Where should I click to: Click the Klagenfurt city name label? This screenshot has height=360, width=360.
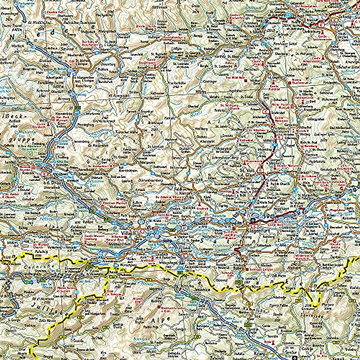click(256, 231)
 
